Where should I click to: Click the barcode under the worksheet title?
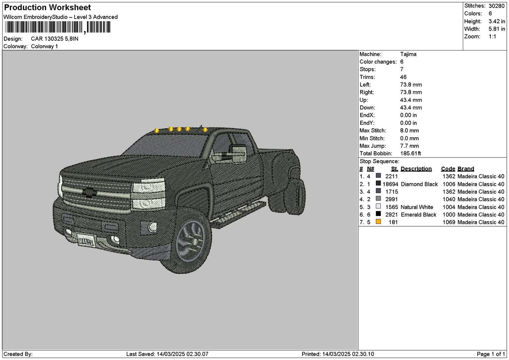(58, 27)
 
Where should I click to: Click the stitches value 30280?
(497, 6)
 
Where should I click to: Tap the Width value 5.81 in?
(497, 29)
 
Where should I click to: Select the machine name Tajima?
(408, 54)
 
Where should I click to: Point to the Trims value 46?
(403, 77)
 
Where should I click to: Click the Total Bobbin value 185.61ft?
(411, 153)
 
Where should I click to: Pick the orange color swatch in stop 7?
(378, 221)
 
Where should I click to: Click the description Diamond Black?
(419, 184)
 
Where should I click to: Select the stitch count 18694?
(390, 184)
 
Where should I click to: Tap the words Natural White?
(417, 207)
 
